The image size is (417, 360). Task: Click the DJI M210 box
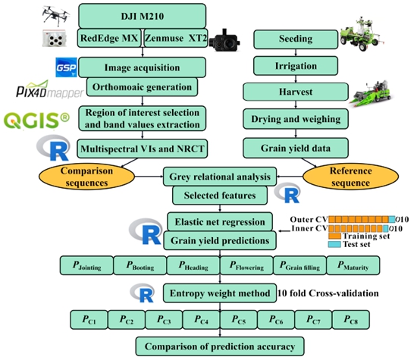[143, 16]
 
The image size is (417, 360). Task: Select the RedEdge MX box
[109, 38]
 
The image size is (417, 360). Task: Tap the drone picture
[56, 15]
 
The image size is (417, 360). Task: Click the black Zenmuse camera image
[224, 40]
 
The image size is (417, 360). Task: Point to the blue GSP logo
[66, 67]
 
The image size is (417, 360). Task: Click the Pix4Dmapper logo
[50, 89]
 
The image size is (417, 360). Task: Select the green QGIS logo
[36, 121]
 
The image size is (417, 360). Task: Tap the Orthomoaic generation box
[142, 87]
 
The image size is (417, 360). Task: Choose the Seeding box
[296, 39]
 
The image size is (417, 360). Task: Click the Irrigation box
[296, 66]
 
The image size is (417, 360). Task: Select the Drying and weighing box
[296, 119]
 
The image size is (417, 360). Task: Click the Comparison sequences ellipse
[86, 177]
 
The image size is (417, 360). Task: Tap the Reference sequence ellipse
[350, 177]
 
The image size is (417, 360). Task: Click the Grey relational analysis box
[220, 177]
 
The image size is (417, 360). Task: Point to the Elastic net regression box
[220, 221]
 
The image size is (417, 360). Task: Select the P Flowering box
[246, 265]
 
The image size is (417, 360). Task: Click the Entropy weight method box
[220, 293]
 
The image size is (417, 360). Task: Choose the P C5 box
[239, 320]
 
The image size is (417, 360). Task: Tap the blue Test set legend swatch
[334, 244]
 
